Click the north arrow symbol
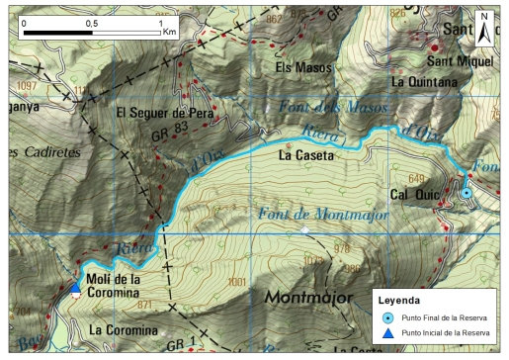[484, 27]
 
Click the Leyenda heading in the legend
[406, 298]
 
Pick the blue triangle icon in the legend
[388, 334]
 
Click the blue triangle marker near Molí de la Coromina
[76, 288]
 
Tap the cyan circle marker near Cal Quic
[467, 193]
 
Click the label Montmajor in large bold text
[313, 298]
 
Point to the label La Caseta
[307, 155]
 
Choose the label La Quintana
[425, 82]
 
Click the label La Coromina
[124, 329]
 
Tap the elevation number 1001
[236, 282]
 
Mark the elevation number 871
[145, 305]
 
